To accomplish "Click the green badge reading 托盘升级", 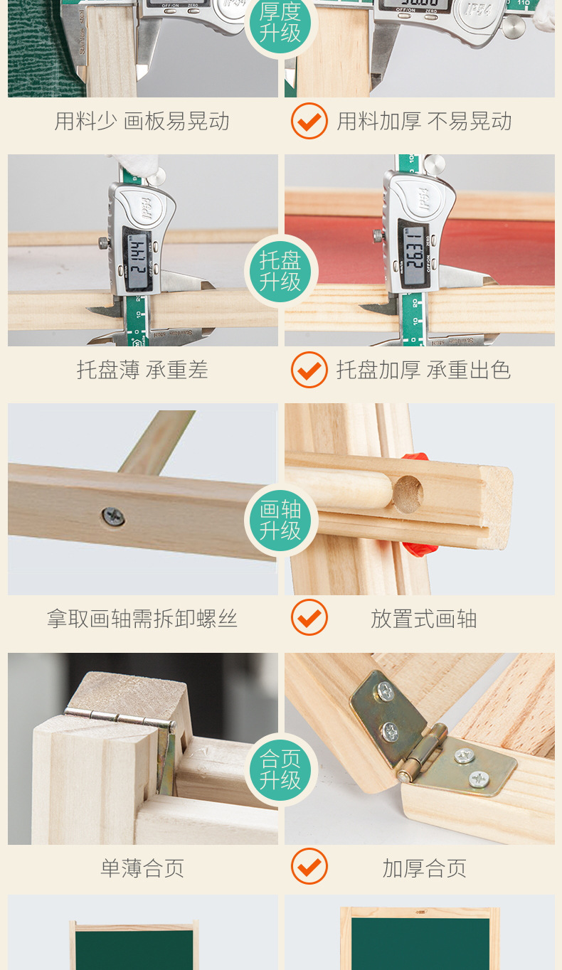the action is (x=281, y=272).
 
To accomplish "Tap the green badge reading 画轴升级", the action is (x=281, y=520).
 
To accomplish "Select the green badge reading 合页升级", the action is (x=281, y=769).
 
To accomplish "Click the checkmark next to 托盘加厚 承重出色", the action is (x=309, y=369).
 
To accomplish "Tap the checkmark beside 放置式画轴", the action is (x=309, y=617).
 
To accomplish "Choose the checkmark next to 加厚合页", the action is (x=309, y=866).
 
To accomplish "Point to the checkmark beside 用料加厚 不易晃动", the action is (x=309, y=121).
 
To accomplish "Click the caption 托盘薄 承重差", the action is (x=142, y=370).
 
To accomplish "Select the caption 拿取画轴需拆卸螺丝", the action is (x=142, y=619).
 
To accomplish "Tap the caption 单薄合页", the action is (x=142, y=868).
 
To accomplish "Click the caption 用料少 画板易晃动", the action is (x=142, y=121).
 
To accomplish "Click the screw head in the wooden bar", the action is (x=113, y=516).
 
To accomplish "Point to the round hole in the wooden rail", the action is (x=408, y=494).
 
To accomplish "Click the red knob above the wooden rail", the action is (x=416, y=457).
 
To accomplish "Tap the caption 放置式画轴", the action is (x=424, y=619).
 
